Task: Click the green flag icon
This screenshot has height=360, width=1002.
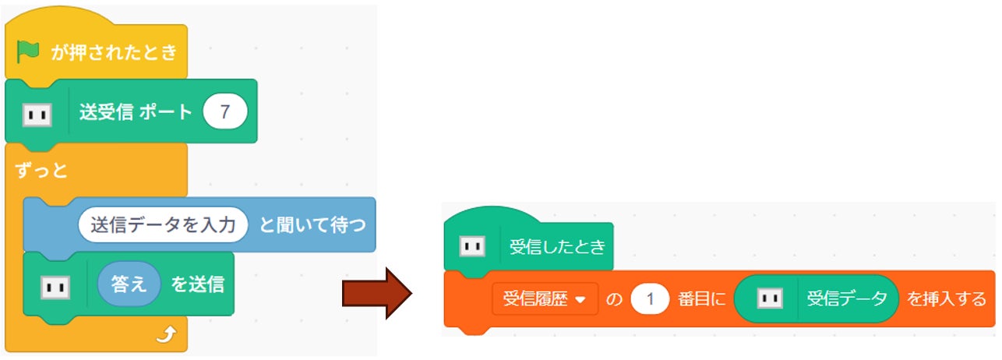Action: coord(28,52)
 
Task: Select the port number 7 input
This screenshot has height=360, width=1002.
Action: coord(224,112)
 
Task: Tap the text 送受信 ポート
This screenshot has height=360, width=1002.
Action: coord(135,112)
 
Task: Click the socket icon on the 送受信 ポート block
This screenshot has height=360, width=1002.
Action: coord(37,115)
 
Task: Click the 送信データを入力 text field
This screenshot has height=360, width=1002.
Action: coord(163,225)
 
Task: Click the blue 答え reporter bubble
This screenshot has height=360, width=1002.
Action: coord(129,284)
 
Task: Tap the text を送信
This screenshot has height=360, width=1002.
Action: coord(197,284)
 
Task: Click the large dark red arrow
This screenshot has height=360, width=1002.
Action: coord(376,293)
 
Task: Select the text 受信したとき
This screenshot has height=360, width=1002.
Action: coord(556,248)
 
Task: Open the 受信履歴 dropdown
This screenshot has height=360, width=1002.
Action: coord(545,299)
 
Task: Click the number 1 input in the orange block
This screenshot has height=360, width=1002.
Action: coord(650,299)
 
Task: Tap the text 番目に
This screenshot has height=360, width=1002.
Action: coord(700,299)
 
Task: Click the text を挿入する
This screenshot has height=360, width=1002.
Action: coord(947,299)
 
